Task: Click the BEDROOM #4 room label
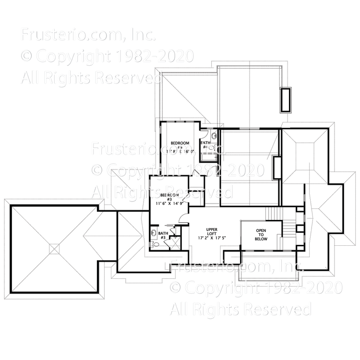pyautogui.click(x=180, y=144)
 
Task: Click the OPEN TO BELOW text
pyautogui.click(x=261, y=234)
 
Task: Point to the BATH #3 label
pyautogui.click(x=162, y=235)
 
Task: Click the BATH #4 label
pyautogui.click(x=205, y=143)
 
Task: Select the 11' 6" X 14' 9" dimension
pyautogui.click(x=168, y=204)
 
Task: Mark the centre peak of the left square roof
pyautogui.click(x=55, y=249)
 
